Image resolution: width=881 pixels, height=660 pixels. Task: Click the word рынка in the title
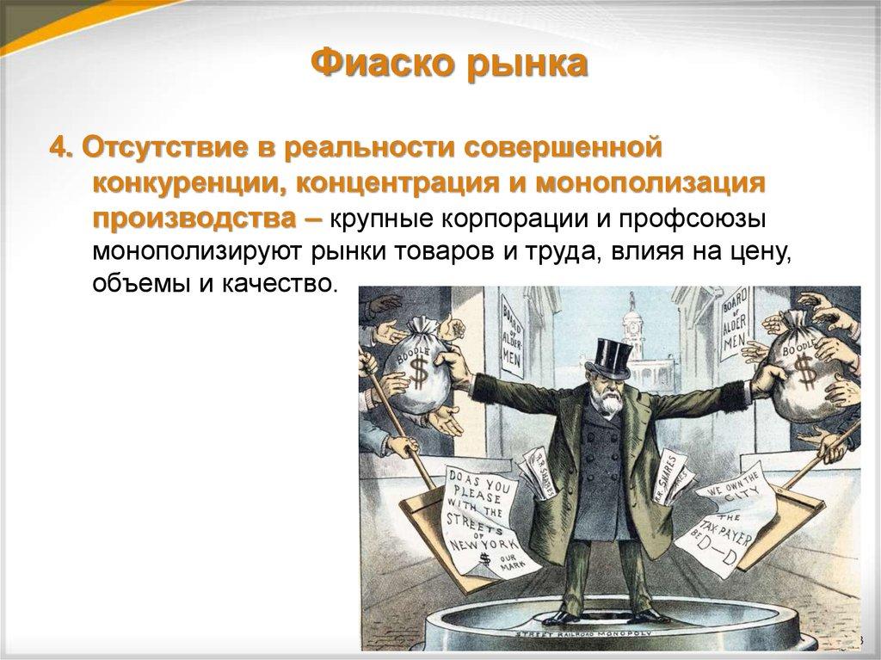[527, 67]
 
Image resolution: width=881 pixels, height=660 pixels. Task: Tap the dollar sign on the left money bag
[417, 371]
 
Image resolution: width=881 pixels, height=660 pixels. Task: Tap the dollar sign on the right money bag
[804, 371]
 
